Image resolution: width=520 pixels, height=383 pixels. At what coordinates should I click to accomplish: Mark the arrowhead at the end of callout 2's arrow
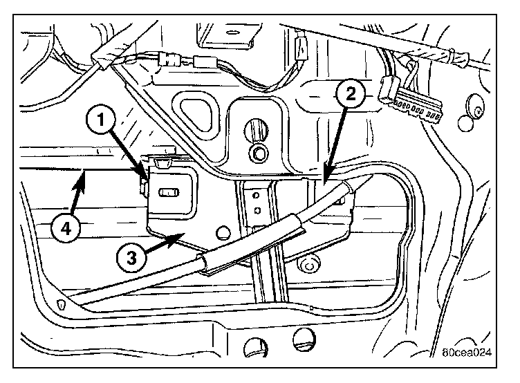coord(324,180)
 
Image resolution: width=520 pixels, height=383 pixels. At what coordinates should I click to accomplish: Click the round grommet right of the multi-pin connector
coord(476,110)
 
